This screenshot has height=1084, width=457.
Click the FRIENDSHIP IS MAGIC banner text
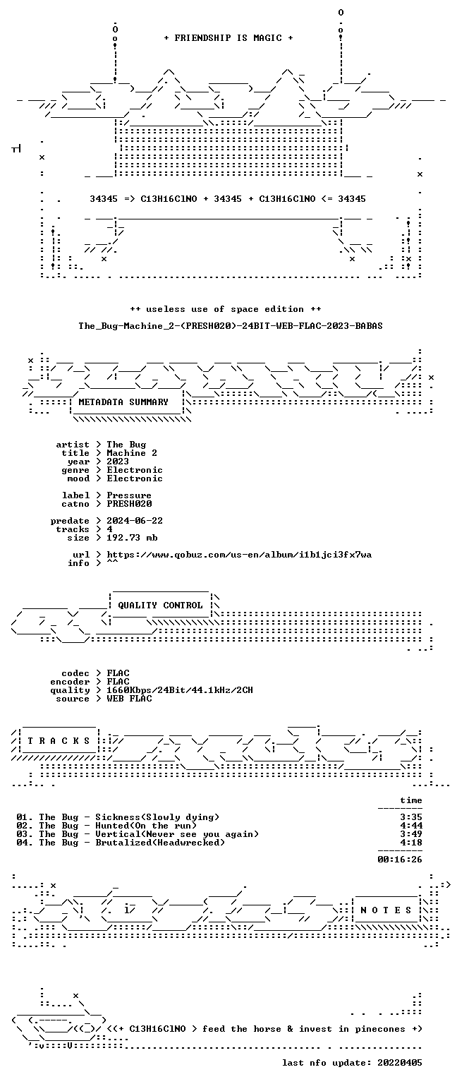click(x=228, y=38)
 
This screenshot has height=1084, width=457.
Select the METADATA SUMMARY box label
click(x=123, y=402)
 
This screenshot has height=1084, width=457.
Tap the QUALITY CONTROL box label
click(x=160, y=606)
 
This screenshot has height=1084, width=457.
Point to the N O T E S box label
click(x=386, y=910)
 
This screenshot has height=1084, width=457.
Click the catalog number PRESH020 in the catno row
click(x=129, y=504)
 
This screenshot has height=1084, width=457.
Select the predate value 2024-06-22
click(x=135, y=521)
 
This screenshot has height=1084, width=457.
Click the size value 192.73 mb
click(x=132, y=538)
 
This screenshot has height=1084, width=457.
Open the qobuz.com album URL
click(x=239, y=555)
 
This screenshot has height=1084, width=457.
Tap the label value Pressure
click(x=129, y=495)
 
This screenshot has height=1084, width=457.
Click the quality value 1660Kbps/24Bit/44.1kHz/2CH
click(x=180, y=690)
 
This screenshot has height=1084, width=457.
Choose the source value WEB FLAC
click(x=129, y=698)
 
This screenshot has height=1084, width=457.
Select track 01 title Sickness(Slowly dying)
click(x=157, y=817)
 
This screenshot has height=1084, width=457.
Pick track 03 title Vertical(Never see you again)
click(x=177, y=834)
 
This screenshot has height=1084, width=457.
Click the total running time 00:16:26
click(x=400, y=860)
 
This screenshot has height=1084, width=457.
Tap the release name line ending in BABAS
click(x=231, y=326)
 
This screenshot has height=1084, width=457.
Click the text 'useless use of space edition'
click(x=225, y=309)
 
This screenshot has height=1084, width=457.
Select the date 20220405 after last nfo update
click(x=400, y=1063)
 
